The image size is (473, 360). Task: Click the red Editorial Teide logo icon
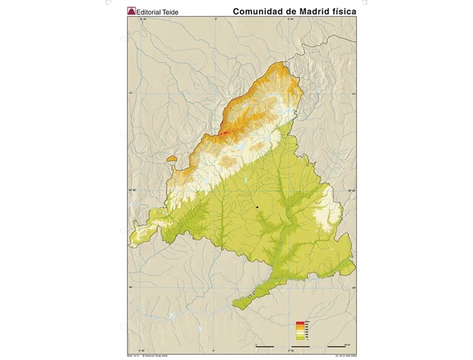point(132,11)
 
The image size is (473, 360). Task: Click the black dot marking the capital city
point(257,206)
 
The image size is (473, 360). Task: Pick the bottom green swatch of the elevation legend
point(299,338)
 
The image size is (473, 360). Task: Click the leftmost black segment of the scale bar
point(264,345)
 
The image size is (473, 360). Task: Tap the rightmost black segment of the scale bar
point(337,345)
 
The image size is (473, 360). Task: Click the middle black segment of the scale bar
point(300,345)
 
